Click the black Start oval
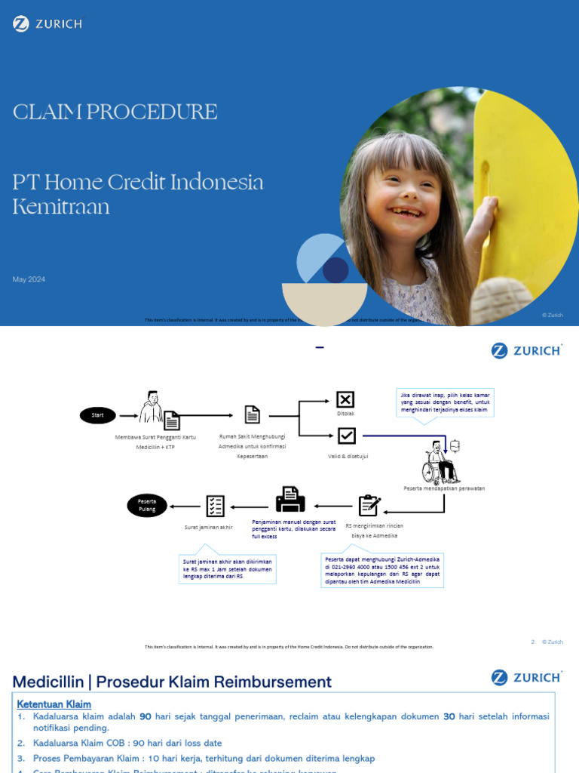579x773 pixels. coord(97,414)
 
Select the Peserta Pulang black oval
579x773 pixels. coord(146,505)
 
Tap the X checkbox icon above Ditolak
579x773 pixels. coord(345,399)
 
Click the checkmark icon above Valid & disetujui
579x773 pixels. coord(346,436)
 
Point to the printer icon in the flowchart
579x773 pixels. coord(290,499)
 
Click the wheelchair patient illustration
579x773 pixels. coord(440,462)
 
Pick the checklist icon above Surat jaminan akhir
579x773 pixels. coord(215,506)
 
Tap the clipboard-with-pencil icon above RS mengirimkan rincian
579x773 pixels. coord(369,506)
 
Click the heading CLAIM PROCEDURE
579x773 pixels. coord(115,112)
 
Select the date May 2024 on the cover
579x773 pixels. coord(29,279)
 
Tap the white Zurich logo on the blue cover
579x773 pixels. coord(47,24)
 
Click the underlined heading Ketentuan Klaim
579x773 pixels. coord(54,704)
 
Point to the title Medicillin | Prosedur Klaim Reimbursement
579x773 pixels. coord(172,682)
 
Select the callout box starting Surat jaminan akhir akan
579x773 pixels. coord(228,569)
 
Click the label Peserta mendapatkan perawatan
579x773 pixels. coord(444,488)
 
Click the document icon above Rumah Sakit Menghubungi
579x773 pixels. coord(252,414)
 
